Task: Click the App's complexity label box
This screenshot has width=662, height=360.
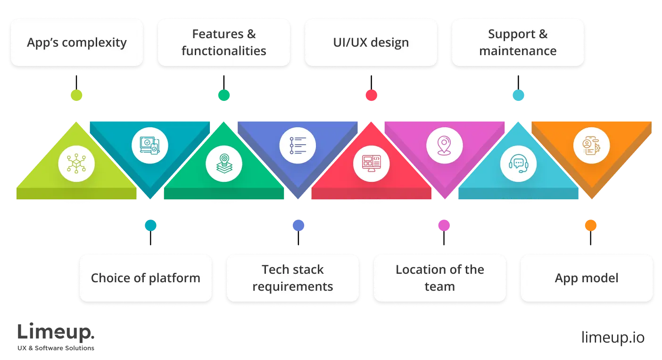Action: (x=77, y=42)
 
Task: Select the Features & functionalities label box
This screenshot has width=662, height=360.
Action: (x=224, y=42)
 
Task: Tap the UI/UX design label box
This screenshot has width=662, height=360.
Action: (x=371, y=42)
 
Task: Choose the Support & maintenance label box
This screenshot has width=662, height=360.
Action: (x=518, y=42)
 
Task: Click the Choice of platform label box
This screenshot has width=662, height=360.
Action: (x=145, y=278)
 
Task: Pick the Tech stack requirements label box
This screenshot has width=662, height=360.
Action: (x=292, y=278)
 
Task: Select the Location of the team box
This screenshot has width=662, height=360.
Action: (x=439, y=278)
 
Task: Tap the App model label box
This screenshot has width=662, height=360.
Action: (x=587, y=278)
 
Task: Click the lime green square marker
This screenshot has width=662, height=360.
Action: (x=76, y=95)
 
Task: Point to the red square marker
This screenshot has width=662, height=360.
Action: (x=371, y=95)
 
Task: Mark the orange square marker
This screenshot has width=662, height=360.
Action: (x=590, y=225)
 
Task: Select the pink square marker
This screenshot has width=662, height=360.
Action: (x=444, y=225)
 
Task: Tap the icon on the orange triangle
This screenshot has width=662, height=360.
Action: (x=591, y=146)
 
